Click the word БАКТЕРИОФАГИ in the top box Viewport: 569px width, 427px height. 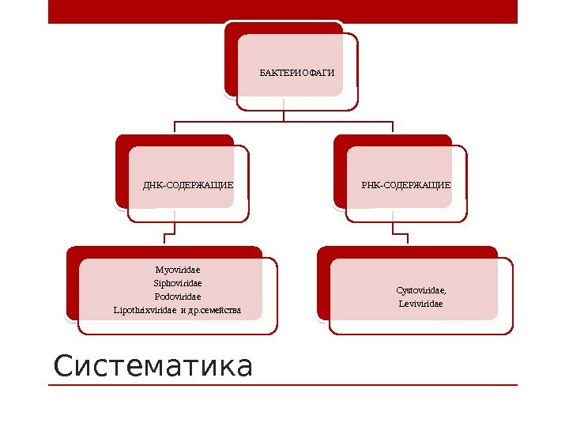297,74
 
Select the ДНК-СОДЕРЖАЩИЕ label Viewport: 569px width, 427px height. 188,185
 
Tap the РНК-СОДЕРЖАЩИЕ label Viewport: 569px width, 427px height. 406,184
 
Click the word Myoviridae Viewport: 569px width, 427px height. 178,270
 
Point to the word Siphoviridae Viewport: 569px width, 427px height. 178,282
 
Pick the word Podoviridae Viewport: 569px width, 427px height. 178,296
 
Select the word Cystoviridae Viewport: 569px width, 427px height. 419,290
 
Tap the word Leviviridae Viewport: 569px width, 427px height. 420,303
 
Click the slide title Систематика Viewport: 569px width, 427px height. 153,367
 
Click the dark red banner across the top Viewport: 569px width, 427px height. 283,11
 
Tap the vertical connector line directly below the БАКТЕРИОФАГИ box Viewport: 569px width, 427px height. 284,115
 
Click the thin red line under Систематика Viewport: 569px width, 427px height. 283,385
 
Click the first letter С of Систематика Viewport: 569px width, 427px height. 62,368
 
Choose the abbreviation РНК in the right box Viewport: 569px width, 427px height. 371,184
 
